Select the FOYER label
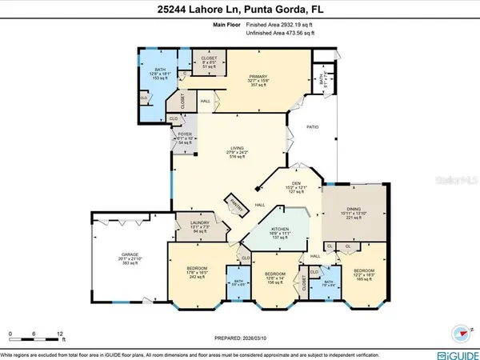tap(185, 134)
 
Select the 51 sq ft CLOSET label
tap(210, 58)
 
